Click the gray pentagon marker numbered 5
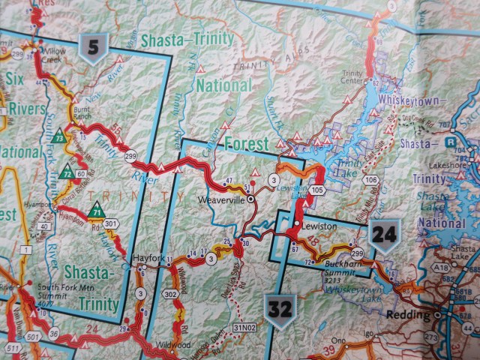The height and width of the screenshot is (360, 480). tap(94, 50)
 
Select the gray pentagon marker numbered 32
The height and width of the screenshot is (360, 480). tap(277, 307)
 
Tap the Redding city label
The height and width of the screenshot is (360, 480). tap(406, 316)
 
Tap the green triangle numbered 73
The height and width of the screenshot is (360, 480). tap(59, 138)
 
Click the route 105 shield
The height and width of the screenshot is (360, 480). tap(318, 190)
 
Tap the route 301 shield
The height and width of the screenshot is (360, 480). tap(112, 223)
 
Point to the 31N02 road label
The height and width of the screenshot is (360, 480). tap(244, 328)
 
